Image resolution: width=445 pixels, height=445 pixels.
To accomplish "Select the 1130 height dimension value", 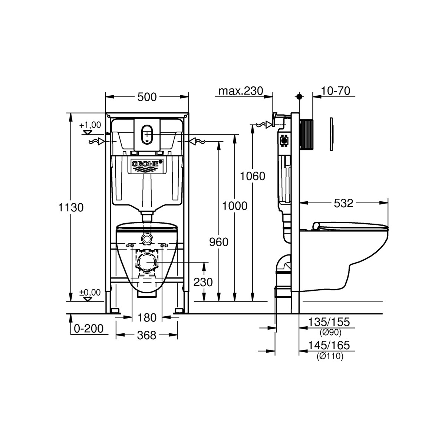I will tap(71, 207).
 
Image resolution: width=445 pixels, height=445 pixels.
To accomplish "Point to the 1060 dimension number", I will tap(252, 176).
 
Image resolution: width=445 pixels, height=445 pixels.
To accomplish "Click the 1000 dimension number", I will tap(234, 205).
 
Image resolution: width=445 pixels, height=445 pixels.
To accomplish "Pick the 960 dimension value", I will tap(219, 242).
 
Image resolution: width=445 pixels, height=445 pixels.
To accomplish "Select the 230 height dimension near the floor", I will tap(203, 282).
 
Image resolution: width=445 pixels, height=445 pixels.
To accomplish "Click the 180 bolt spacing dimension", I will tap(147, 317).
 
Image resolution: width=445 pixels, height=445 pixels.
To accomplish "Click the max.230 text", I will tap(240, 91).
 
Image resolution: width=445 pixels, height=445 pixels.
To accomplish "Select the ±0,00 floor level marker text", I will tap(90, 293).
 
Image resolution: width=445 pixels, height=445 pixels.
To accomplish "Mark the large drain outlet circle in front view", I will tap(147, 261).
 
